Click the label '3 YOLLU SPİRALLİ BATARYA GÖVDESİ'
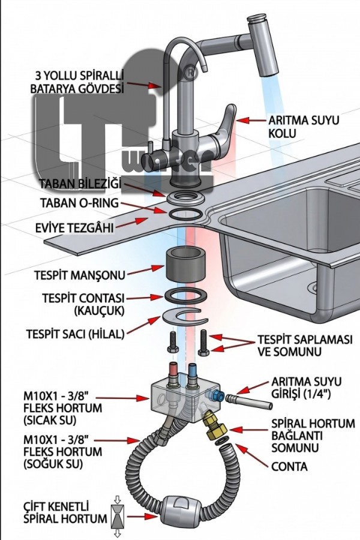point(77,82)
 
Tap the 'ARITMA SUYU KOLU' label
point(304,126)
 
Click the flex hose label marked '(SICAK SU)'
point(62,408)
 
